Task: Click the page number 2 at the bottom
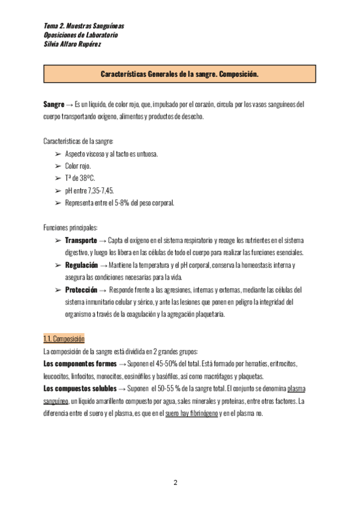pos(176,483)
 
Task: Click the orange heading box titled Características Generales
pos(179,74)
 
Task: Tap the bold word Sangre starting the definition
pos(54,104)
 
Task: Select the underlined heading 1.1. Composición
pos(64,339)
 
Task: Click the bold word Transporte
pos(80,241)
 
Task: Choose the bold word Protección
pos(80,289)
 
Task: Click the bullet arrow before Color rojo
pos(58,166)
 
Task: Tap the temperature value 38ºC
pos(86,178)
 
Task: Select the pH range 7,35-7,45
pos(103,190)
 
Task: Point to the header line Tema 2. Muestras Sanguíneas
pos(84,27)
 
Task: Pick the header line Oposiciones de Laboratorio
pos(81,35)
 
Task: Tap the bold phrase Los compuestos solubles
pos(80,388)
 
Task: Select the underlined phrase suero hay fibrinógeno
pos(191,413)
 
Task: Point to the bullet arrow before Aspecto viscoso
pos(58,154)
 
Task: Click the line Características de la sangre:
pos(78,141)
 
